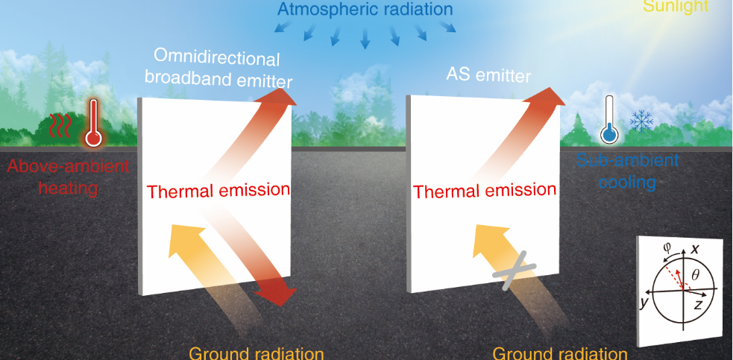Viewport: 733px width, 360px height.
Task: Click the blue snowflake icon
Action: [x=641, y=121]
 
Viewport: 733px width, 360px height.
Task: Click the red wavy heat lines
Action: [x=60, y=126]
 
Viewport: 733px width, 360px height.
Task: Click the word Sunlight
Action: [x=676, y=6]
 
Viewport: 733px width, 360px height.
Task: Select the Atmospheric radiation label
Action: [x=365, y=9]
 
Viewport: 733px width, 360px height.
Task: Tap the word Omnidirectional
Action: [x=216, y=60]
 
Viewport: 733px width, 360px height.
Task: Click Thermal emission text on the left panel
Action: [x=218, y=191]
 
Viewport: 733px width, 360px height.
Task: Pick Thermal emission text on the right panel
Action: [x=485, y=191]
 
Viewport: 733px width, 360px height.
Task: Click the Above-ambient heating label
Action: [x=69, y=177]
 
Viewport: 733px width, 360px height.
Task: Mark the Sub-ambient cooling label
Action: [x=627, y=171]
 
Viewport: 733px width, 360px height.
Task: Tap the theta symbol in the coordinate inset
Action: [x=695, y=275]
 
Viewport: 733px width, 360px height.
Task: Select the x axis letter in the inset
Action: [x=695, y=250]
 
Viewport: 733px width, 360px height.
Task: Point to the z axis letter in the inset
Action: [x=698, y=306]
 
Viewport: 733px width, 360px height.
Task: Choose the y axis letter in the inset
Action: [x=645, y=303]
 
